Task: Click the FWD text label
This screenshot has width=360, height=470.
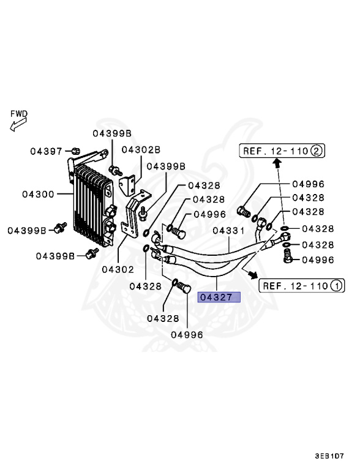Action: (18, 114)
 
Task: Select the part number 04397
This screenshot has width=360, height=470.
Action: (48, 151)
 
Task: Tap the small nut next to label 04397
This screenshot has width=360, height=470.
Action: (74, 151)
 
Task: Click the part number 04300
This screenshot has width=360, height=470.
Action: (38, 195)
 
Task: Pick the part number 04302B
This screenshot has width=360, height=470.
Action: (141, 149)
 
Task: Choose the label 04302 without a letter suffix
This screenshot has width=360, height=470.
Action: (118, 269)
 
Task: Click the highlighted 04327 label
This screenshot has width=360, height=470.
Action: (219, 298)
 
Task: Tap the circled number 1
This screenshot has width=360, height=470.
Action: (336, 285)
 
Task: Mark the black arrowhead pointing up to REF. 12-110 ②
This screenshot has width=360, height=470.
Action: (276, 163)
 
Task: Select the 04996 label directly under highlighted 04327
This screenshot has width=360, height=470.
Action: (187, 334)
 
